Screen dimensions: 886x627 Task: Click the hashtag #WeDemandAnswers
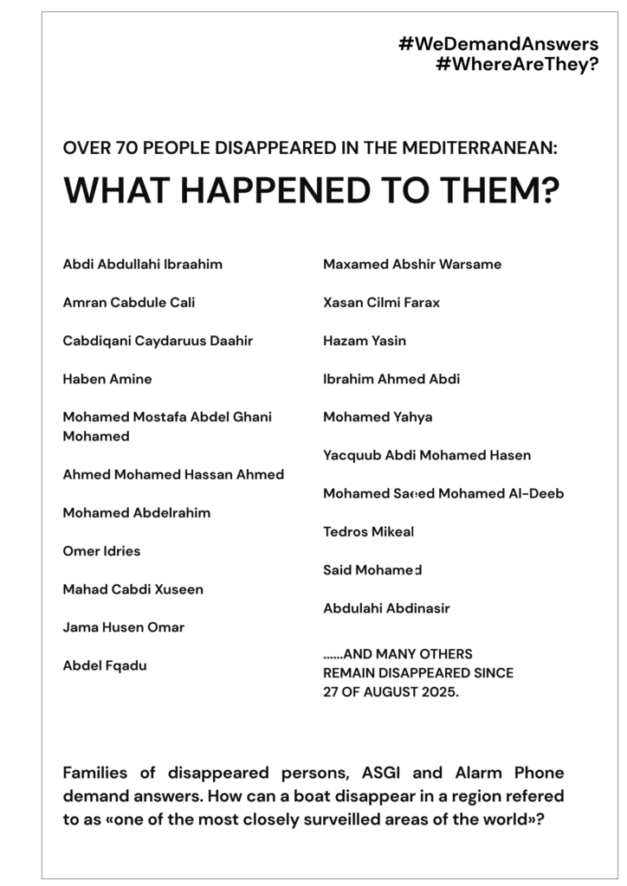coord(498,44)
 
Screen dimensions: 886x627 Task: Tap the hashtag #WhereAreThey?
coord(517,65)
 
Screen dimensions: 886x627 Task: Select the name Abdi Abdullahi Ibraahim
coord(142,264)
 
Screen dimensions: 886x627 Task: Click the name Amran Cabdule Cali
coord(128,302)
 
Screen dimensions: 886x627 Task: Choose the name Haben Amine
coord(107,379)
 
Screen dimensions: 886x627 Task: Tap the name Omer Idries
coord(101,551)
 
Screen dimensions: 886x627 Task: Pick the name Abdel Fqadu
coord(104,665)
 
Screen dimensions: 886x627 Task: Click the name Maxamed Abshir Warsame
coord(411,264)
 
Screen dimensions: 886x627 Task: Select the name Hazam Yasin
coord(364,341)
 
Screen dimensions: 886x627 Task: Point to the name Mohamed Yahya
coord(378,417)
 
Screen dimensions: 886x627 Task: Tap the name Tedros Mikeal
coord(368,532)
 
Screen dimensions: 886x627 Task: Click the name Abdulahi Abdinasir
coord(386,608)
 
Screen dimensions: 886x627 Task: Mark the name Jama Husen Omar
coord(123,627)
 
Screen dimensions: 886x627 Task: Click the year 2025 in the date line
coord(440,692)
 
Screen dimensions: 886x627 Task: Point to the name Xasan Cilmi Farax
coord(381,302)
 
